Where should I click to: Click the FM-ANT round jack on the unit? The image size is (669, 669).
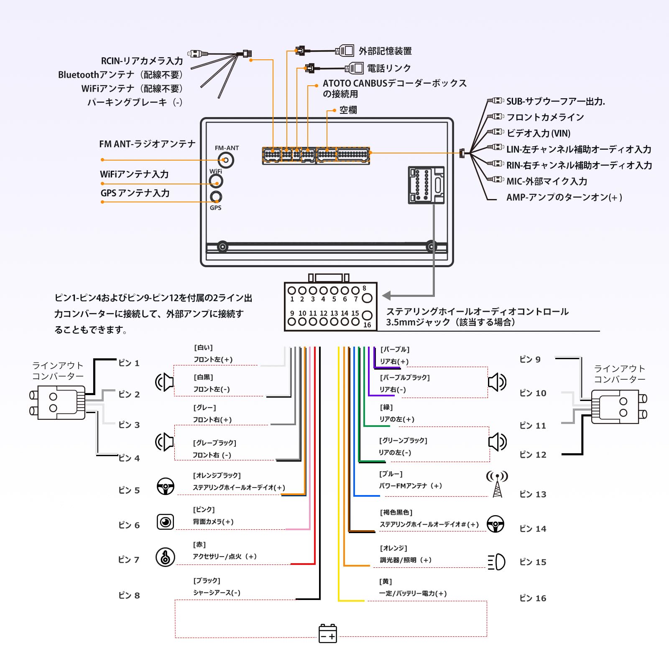click(x=226, y=160)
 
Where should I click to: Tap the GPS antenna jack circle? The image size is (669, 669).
click(x=216, y=197)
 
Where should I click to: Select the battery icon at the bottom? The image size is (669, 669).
click(x=328, y=633)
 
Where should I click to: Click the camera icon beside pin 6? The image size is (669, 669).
click(x=165, y=522)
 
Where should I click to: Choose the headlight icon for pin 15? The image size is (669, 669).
click(x=497, y=562)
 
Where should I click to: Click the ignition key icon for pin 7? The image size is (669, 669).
click(x=165, y=557)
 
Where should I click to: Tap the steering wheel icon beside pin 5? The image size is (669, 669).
click(x=166, y=486)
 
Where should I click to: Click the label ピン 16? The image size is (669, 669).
click(x=533, y=598)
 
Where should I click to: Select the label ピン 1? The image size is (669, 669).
click(x=129, y=363)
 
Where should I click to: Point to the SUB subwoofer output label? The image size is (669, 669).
click(x=556, y=101)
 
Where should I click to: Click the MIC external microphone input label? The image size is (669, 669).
click(x=547, y=181)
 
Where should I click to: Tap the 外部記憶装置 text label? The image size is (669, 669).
click(x=385, y=51)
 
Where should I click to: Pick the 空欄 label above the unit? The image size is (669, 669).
click(x=348, y=110)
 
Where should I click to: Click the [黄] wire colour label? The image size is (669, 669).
click(x=386, y=582)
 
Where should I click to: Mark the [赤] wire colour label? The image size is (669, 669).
click(x=199, y=544)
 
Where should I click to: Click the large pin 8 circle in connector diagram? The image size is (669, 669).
click(x=367, y=298)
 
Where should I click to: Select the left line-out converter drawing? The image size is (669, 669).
click(x=59, y=402)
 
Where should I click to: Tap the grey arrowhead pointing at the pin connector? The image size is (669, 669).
click(x=386, y=296)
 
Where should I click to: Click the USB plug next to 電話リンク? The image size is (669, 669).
click(x=355, y=68)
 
